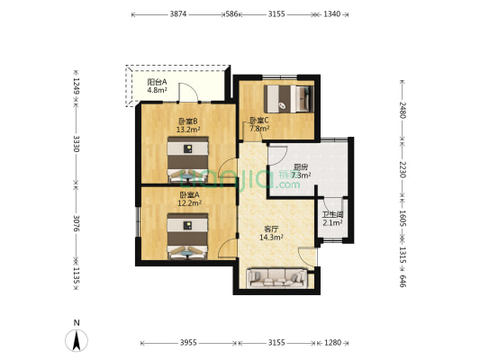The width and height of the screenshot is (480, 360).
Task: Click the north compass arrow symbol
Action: click(78, 339)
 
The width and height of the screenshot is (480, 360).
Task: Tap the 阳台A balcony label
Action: click(158, 86)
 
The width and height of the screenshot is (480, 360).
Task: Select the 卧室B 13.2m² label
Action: click(187, 125)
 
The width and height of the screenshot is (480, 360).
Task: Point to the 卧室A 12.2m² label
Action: click(188, 199)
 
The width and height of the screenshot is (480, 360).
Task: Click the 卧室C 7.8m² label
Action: click(258, 124)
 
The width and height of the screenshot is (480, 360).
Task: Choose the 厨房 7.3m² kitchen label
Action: click(301, 171)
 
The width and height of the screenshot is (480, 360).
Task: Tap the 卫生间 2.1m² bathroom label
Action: click(332, 218)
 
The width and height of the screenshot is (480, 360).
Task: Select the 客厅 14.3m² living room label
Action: click(271, 233)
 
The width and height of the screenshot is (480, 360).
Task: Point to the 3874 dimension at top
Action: click(178, 14)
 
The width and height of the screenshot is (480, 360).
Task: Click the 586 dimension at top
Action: click(232, 14)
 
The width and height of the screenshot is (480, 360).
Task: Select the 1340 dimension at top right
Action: click(332, 14)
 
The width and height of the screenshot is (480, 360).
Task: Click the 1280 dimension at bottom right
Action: click(332, 343)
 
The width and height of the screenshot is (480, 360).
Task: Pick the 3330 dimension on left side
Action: click(77, 143)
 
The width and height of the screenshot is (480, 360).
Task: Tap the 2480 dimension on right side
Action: click(403, 112)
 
